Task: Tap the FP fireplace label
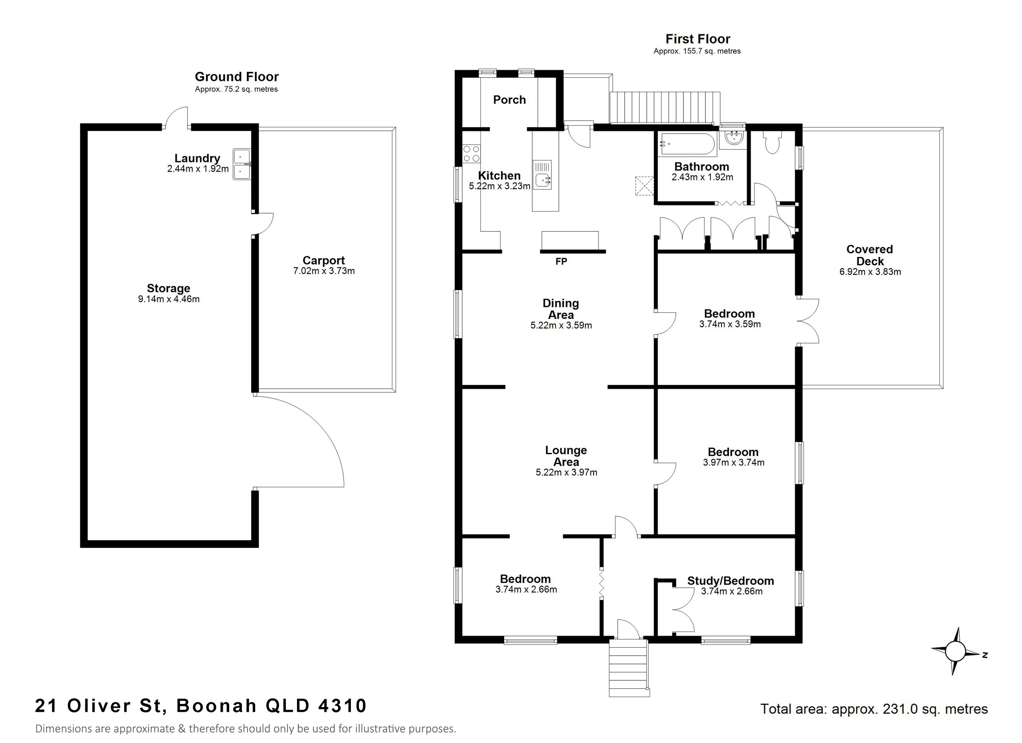point(561,262)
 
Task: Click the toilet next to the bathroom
point(773,143)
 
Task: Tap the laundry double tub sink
point(242,164)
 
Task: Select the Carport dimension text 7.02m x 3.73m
point(323,271)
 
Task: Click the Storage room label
point(168,288)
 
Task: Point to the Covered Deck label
point(869,255)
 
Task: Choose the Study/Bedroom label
point(731,581)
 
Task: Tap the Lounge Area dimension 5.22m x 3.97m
point(566,472)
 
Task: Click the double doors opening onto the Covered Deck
point(808,322)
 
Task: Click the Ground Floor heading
point(237,77)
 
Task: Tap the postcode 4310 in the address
point(342,705)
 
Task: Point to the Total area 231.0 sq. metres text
point(874,709)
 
